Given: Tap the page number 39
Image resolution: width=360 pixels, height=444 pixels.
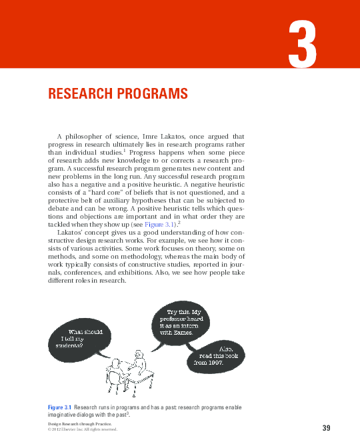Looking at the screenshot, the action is pyautogui.click(x=326, y=427).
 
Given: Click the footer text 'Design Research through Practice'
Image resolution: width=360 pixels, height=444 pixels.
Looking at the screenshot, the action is pyautogui.click(x=78, y=424).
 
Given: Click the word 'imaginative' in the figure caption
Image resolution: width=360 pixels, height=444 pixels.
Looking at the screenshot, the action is pyautogui.click(x=63, y=414).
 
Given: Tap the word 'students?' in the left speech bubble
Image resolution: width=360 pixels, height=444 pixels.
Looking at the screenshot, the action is pyautogui.click(x=69, y=345).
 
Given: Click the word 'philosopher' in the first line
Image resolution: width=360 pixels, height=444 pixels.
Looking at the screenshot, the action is pyautogui.click(x=84, y=137).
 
